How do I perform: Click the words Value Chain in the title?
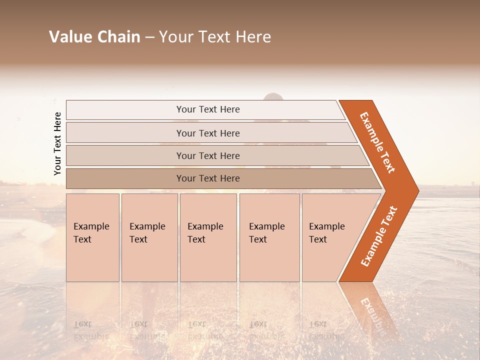click(94, 37)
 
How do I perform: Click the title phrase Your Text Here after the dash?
click(215, 37)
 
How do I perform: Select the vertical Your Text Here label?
click(57, 143)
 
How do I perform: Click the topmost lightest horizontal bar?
click(207, 109)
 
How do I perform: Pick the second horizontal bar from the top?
click(207, 133)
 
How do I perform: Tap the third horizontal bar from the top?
click(207, 156)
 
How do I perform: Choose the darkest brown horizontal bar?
click(207, 178)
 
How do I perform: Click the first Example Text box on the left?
click(92, 238)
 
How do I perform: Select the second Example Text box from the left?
click(149, 238)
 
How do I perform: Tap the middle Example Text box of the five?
click(208, 238)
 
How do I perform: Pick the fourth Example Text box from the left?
click(269, 238)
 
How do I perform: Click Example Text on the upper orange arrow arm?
click(377, 142)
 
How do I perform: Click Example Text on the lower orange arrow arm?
click(379, 236)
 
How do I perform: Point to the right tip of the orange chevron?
click(417, 190)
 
